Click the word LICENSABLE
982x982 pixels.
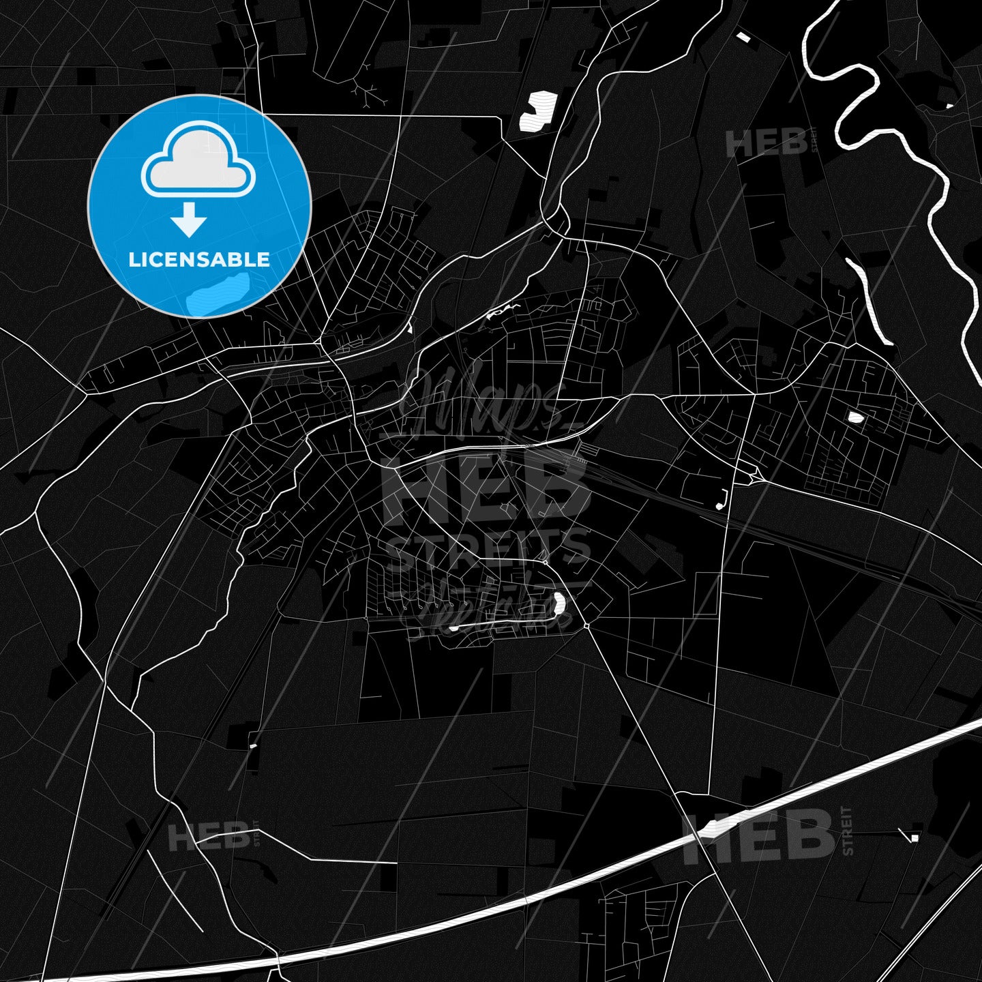click(199, 260)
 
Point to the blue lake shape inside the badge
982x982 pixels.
click(216, 292)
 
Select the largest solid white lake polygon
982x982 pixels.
click(538, 110)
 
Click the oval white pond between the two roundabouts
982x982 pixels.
click(559, 602)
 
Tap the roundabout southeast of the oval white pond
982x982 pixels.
click(586, 625)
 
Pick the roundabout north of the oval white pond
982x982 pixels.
click(545, 563)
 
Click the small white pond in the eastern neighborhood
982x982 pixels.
click(854, 417)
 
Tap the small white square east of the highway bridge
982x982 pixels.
click(914, 837)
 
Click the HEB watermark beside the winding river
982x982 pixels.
click(766, 144)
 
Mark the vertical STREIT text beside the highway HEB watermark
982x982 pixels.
click(848, 831)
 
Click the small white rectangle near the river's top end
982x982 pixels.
click(742, 36)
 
